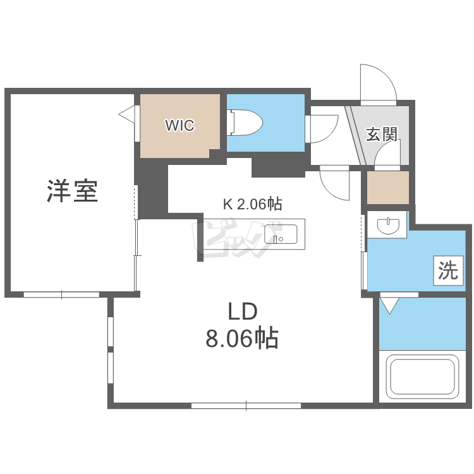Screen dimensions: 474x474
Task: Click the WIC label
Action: [179, 125]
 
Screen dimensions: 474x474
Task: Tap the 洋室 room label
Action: [73, 191]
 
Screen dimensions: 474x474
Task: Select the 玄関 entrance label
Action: [382, 134]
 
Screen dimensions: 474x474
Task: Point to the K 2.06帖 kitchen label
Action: [252, 204]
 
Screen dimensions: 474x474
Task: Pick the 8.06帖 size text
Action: [242, 337]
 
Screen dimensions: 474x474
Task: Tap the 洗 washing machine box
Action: [448, 270]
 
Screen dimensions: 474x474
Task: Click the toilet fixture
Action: [245, 123]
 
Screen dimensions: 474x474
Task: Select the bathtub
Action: [422, 377]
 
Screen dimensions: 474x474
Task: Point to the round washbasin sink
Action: [389, 226]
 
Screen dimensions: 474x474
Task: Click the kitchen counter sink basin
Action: [281, 234]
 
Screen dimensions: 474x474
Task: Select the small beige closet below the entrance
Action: [388, 188]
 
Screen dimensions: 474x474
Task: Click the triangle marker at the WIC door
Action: [127, 114]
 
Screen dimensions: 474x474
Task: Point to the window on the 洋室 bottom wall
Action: [61, 295]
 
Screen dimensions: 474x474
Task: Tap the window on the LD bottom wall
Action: [246, 406]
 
